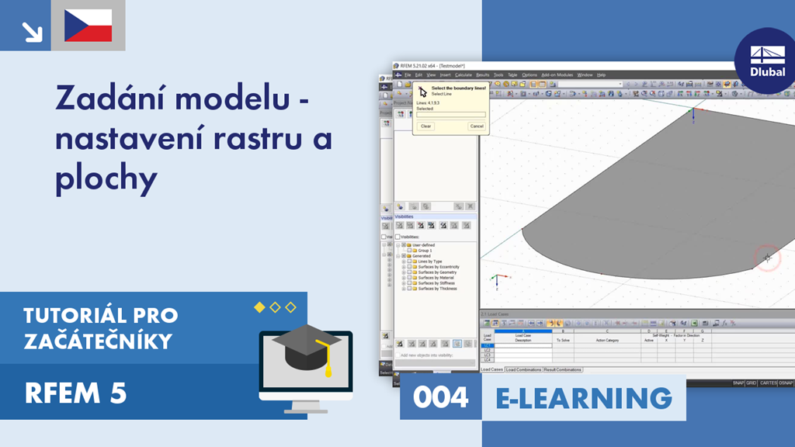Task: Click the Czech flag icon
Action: (x=88, y=26)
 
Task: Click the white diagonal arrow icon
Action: (x=32, y=30)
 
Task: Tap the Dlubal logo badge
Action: (x=767, y=61)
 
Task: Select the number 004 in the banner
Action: (x=441, y=398)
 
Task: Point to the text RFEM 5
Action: (x=75, y=394)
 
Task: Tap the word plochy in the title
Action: (x=106, y=179)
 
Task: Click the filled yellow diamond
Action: (x=259, y=307)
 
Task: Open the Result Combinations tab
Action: (x=563, y=369)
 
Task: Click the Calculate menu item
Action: (x=463, y=75)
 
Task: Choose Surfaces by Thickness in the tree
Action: (x=438, y=289)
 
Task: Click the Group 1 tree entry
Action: (x=425, y=251)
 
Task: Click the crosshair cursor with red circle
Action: (x=767, y=258)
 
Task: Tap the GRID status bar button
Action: (x=752, y=383)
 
